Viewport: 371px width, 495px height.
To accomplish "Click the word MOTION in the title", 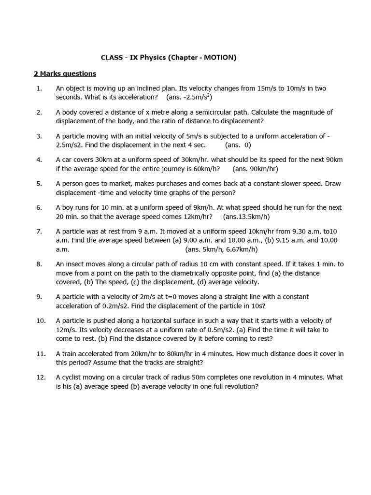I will tap(219, 58).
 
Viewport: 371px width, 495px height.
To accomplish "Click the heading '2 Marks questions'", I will tap(65, 73).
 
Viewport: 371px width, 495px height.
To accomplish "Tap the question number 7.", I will tap(39, 231).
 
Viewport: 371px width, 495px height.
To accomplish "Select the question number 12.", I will tap(41, 377).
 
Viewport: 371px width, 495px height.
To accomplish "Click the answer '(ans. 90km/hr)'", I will tap(255, 169).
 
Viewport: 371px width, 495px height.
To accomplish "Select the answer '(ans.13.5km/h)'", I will tap(246, 217).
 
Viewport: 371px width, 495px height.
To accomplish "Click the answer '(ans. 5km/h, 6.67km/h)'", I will tap(221, 249).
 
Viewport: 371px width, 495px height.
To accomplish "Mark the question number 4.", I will tap(39, 160).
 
